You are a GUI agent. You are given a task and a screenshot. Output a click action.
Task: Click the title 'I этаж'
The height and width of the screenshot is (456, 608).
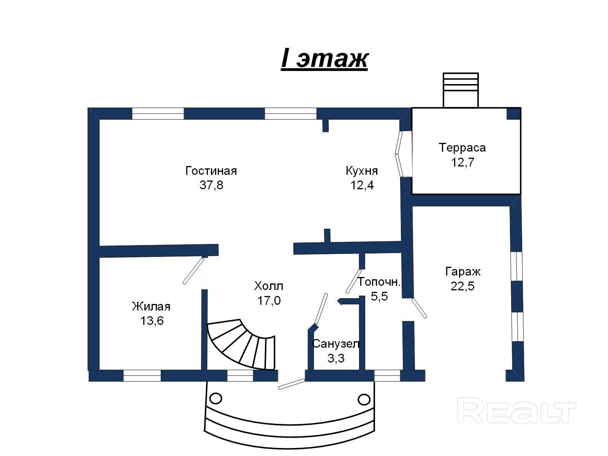pos(325,59)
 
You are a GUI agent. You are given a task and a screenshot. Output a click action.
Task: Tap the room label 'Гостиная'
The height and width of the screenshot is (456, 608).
pos(211,171)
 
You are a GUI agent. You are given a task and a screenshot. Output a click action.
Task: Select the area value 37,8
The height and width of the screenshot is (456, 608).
pos(211,185)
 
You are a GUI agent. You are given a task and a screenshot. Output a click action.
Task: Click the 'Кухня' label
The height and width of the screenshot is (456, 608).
pos(362,171)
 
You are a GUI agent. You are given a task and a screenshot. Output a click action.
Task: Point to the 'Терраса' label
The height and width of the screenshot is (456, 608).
pos(462,147)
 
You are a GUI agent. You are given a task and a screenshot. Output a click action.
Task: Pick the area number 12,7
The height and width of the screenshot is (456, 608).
pos(462,162)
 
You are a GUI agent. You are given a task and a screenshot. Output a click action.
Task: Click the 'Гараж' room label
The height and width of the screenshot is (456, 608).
pos(462,272)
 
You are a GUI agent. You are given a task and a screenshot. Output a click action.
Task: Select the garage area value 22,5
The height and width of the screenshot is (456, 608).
pos(462,286)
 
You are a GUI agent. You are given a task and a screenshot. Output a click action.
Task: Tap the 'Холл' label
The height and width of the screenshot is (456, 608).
pos(269,286)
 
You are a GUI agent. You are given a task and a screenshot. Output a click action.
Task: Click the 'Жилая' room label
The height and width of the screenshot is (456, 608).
pos(151,306)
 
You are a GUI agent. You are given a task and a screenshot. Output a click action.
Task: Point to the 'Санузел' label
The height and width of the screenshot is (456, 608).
pos(336,344)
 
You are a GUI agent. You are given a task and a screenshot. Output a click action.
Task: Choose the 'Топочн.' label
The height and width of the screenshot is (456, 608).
pos(379,282)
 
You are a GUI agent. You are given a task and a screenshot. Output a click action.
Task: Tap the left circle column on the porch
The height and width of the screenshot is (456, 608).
pos(215,399)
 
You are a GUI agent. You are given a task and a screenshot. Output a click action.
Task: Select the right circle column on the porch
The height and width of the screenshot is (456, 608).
pos(364,399)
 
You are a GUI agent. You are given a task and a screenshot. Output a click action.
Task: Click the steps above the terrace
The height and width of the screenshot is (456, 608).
pos(461,90)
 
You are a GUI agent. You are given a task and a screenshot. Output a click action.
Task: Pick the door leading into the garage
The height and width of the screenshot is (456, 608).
pos(419,308)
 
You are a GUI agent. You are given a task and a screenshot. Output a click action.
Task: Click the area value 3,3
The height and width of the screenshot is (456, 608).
pos(336,358)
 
